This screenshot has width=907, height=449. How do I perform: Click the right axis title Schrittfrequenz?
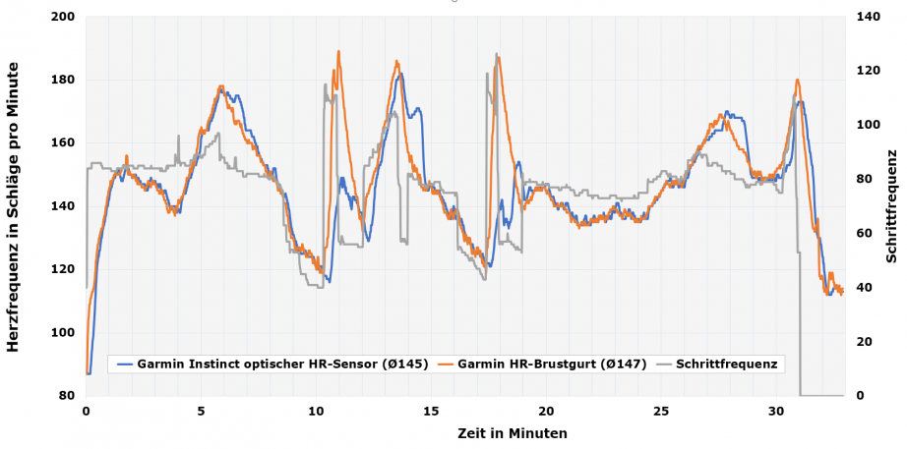pos(891,206)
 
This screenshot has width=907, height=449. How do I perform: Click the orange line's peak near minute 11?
pos(338,52)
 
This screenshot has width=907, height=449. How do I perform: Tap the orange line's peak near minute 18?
pos(498,57)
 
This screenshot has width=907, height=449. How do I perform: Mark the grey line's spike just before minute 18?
pos(496,54)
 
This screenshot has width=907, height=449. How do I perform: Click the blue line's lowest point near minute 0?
pos(88,373)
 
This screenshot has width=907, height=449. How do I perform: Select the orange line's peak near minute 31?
pos(797,81)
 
